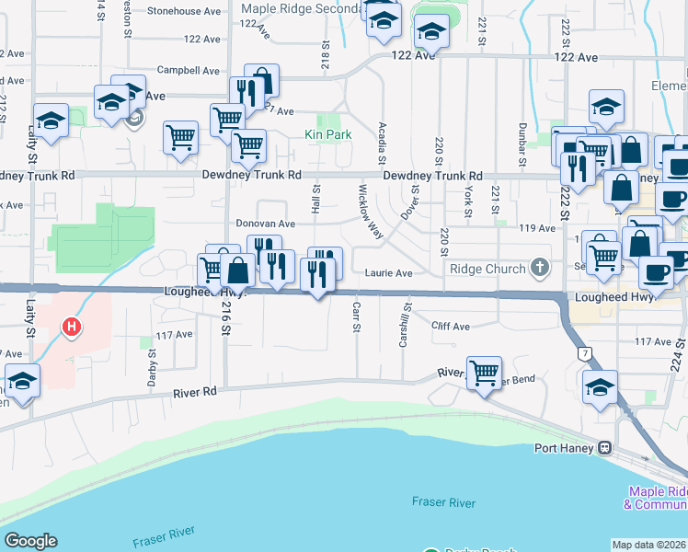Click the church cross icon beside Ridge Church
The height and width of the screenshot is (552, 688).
click(x=539, y=269)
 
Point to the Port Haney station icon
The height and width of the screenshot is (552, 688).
click(x=604, y=449)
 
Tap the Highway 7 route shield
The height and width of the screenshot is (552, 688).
click(x=583, y=352)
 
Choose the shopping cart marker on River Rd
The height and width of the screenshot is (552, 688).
click(x=484, y=373)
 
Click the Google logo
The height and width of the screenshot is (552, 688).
click(x=31, y=540)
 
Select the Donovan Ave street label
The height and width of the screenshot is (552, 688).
click(x=265, y=223)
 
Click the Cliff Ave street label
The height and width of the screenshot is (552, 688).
click(x=451, y=326)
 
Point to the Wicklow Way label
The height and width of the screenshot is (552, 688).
click(x=371, y=213)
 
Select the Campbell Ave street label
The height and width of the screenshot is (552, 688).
click(x=189, y=70)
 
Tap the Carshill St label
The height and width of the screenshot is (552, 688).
click(x=403, y=328)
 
